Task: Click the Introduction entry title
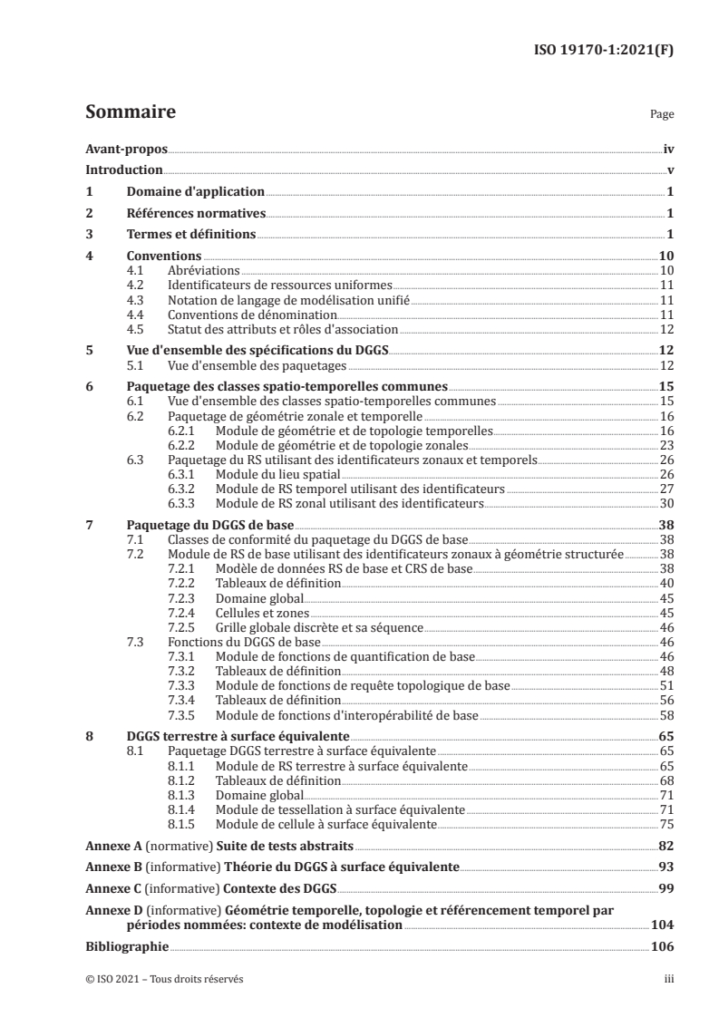tap(123, 170)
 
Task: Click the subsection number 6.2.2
tap(184, 446)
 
